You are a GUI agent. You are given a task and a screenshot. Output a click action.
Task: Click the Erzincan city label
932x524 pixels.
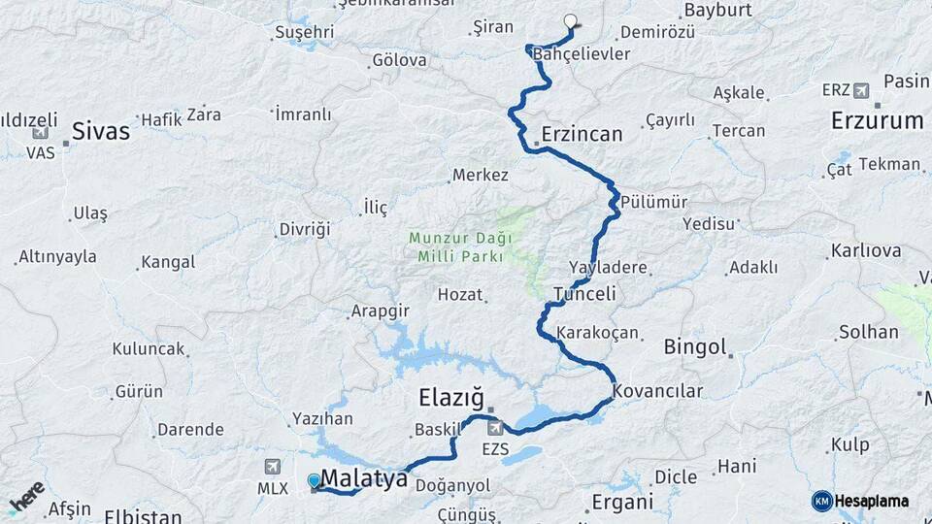582,134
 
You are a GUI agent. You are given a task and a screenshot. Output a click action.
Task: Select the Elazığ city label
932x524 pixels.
450,397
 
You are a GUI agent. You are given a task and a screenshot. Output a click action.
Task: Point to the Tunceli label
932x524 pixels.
584,294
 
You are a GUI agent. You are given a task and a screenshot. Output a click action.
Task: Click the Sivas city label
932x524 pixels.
100,131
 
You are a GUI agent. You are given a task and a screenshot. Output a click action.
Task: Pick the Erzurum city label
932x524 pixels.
877,121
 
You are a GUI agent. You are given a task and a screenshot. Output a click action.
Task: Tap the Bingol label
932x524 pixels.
694,346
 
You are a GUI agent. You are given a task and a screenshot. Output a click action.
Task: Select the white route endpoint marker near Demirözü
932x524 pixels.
570,20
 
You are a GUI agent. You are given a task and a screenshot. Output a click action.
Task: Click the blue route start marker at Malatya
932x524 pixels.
314,480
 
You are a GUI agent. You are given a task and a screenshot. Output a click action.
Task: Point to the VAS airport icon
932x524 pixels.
41,134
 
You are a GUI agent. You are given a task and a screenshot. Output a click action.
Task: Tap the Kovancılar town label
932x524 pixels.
657,391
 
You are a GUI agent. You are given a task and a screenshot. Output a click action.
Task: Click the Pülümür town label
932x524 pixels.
654,202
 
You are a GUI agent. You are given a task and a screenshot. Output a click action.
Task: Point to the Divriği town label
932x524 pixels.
305,229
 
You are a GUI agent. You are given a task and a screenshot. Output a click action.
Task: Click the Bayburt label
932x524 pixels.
719,11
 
